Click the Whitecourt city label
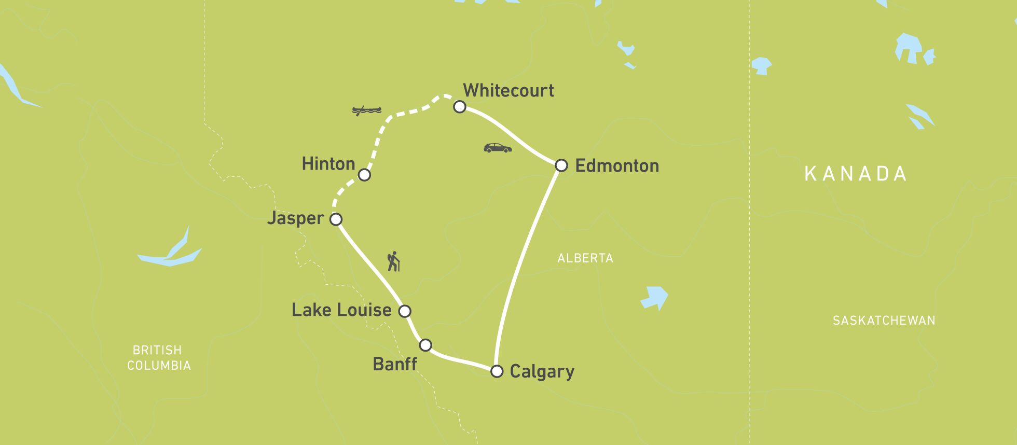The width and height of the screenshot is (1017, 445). (508, 90)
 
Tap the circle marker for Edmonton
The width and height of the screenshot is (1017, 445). (561, 165)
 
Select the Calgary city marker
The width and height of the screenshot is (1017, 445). (497, 371)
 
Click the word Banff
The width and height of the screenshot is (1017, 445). (394, 364)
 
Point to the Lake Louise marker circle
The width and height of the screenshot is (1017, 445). (404, 311)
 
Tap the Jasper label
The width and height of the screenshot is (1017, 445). (295, 218)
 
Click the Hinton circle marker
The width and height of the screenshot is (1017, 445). (364, 175)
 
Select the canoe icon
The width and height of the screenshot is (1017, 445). (366, 110)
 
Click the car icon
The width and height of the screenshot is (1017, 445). (497, 148)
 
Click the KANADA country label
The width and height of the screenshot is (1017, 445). (855, 174)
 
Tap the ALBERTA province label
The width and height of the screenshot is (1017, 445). (585, 258)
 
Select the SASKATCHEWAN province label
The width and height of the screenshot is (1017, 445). (884, 321)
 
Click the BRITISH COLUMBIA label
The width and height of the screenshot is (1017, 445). (159, 358)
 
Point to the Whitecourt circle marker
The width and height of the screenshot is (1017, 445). (459, 107)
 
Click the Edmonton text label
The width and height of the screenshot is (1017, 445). (617, 166)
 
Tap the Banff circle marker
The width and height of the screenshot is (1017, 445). (425, 345)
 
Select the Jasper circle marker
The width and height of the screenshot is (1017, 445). (336, 219)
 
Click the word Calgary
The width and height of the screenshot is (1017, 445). (542, 372)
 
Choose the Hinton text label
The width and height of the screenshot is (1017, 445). (328, 164)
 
